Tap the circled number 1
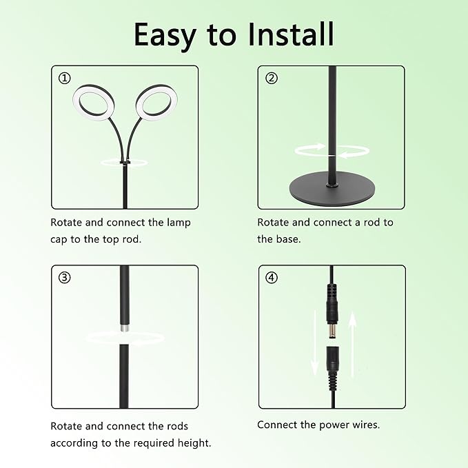tap(65, 79)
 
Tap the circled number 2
tap(272, 79)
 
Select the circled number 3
tap(65, 278)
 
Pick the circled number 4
tap(272, 278)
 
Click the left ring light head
tap(93, 103)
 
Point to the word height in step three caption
tap(196, 442)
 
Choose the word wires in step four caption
tap(363, 425)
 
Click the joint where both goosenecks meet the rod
tap(125, 163)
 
